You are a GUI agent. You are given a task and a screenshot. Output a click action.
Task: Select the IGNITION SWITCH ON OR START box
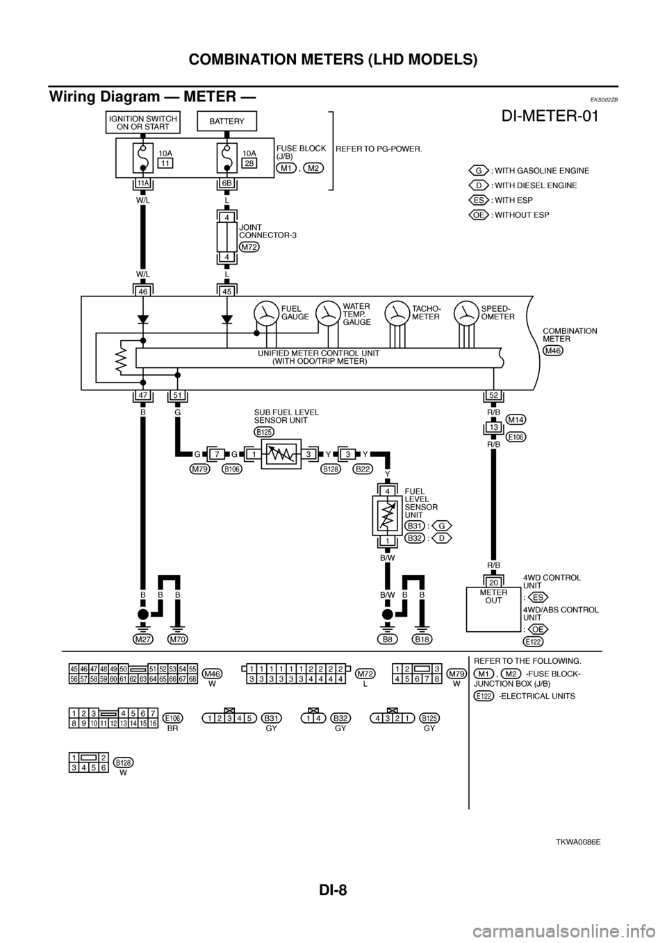click(x=142, y=122)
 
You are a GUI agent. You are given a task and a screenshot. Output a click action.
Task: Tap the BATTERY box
click(x=227, y=122)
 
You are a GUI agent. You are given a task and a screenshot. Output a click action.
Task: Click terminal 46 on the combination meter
click(x=142, y=292)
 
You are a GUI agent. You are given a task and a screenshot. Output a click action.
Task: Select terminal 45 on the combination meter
click(x=227, y=292)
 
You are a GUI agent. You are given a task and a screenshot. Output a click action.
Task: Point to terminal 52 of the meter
click(x=493, y=396)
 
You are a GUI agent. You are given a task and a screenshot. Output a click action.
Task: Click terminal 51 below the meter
click(x=177, y=396)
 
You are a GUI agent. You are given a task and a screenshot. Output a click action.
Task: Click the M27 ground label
click(x=143, y=638)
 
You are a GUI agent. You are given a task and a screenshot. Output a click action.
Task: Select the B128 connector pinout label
click(x=124, y=762)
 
